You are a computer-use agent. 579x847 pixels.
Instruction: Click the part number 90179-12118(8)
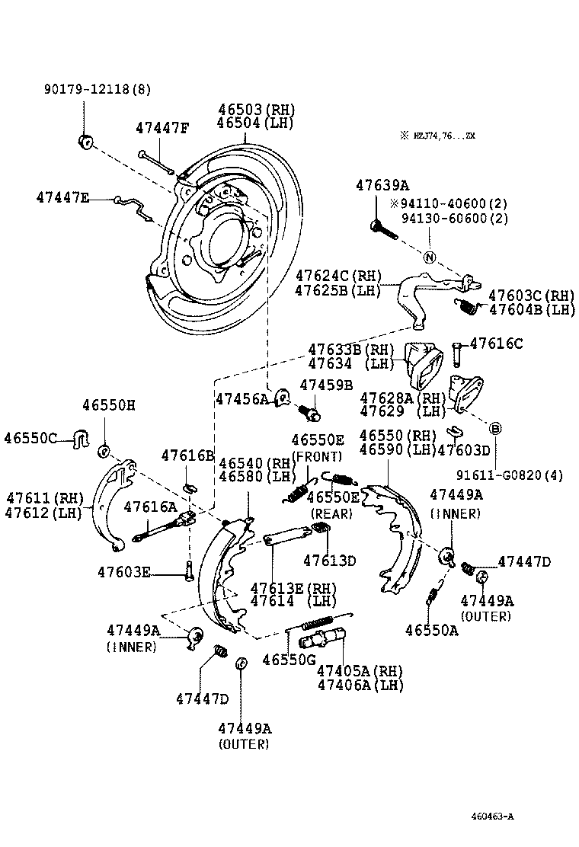pyautogui.click(x=96, y=89)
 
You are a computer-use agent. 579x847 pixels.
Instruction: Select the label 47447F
pyautogui.click(x=162, y=127)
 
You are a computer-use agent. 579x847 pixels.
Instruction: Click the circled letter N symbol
pyautogui.click(x=430, y=257)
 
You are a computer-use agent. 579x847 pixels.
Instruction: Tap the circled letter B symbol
pyautogui.click(x=494, y=429)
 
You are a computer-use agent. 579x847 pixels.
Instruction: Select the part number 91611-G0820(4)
pyautogui.click(x=510, y=475)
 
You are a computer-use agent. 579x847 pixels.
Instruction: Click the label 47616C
pyautogui.click(x=496, y=344)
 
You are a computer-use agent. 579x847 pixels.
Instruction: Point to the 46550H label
pyautogui.click(x=108, y=405)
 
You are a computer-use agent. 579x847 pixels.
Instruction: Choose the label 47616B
pyautogui.click(x=188, y=455)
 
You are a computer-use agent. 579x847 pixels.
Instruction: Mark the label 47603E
pyautogui.click(x=124, y=571)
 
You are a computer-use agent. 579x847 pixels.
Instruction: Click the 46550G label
pyautogui.click(x=289, y=660)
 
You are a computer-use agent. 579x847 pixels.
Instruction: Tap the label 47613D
pyautogui.click(x=329, y=561)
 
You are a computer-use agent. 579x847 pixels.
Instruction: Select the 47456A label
pyautogui.click(x=242, y=398)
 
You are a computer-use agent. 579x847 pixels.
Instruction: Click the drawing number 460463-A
pyautogui.click(x=491, y=817)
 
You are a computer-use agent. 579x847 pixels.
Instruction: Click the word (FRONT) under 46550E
pyautogui.click(x=317, y=455)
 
